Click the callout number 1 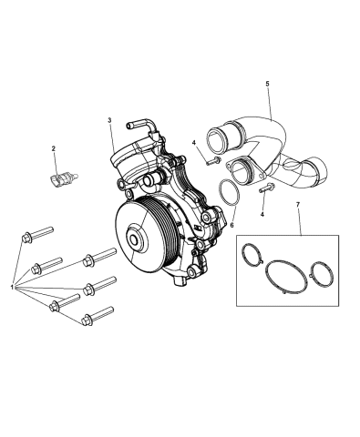click(11, 289)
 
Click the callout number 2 click(54, 148)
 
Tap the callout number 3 click(109, 121)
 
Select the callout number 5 click(267, 85)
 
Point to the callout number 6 click(232, 224)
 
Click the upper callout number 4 click(194, 143)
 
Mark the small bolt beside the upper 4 click(212, 160)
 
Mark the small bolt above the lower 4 click(264, 189)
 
